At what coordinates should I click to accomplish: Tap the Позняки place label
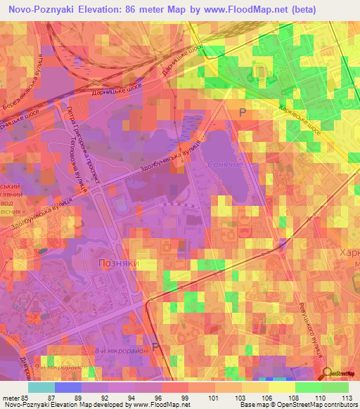coord(115,263)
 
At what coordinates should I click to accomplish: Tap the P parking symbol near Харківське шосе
coord(243,112)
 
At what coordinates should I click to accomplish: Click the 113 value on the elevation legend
coord(347,398)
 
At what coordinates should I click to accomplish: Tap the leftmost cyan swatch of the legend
coord(41,387)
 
